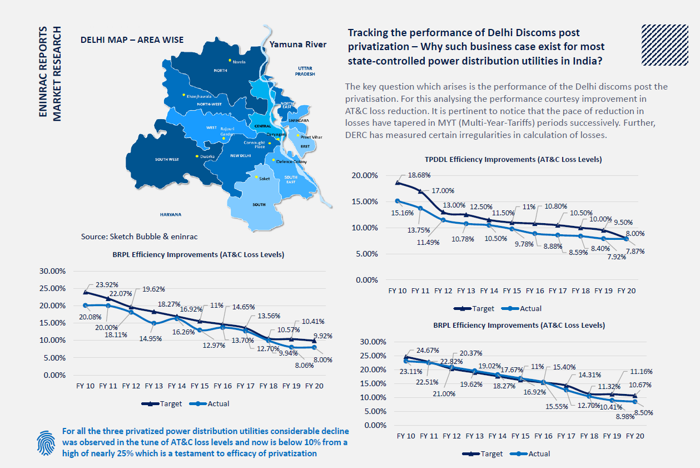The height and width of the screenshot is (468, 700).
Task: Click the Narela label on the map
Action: pos(239,62)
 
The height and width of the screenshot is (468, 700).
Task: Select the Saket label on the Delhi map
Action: pos(265,179)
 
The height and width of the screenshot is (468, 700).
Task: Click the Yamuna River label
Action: pos(298,45)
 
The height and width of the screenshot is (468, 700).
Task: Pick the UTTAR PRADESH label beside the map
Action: pos(305,70)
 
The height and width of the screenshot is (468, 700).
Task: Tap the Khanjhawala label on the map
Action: pos(200,96)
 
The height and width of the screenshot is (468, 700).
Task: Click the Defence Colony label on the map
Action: pos(291,161)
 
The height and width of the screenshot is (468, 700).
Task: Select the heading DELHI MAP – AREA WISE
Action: pos(132,40)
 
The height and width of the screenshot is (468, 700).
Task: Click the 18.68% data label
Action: pos(420,175)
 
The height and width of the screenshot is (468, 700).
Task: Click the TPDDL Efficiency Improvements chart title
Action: pos(513,159)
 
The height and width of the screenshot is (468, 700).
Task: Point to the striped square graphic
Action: pos(661,44)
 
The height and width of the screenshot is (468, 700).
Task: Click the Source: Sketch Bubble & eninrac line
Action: pos(139,237)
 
